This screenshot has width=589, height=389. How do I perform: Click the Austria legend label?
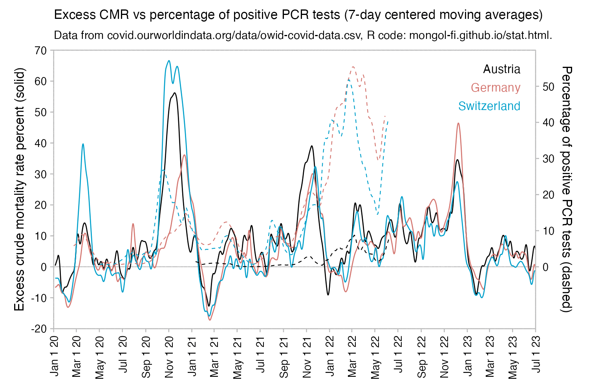pyautogui.click(x=501, y=69)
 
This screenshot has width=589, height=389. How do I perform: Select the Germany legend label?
pyautogui.click(x=496, y=88)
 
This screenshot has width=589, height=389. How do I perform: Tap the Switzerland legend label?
pyautogui.click(x=489, y=106)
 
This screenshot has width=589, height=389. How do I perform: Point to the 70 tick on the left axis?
pyautogui.click(x=40, y=50)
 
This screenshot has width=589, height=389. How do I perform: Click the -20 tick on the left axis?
pyautogui.click(x=39, y=329)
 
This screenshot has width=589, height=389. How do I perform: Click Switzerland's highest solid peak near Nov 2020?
pyautogui.click(x=169, y=61)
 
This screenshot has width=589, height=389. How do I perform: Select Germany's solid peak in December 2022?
pyautogui.click(x=458, y=123)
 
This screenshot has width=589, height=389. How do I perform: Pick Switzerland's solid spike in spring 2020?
pyautogui.click(x=83, y=144)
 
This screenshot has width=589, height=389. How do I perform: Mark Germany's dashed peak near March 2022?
pyautogui.click(x=353, y=67)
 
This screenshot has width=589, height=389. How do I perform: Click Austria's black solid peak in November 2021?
pyautogui.click(x=312, y=146)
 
